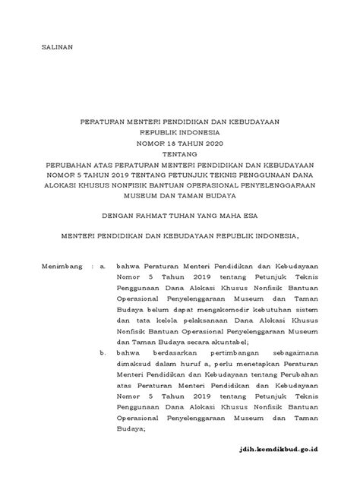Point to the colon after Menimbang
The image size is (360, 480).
click(x=93, y=267)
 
